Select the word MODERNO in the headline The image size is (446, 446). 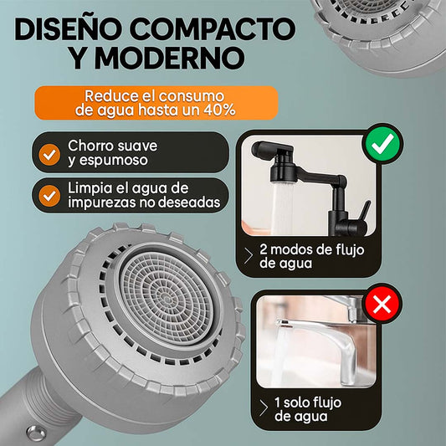(x=170, y=58)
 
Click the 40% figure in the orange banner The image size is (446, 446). (x=219, y=110)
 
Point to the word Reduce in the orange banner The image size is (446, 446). (x=107, y=96)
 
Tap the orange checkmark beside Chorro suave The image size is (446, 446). (x=49, y=155)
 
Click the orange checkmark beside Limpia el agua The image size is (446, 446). (x=49, y=196)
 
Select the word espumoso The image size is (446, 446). (x=114, y=161)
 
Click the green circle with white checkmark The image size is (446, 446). (x=382, y=144)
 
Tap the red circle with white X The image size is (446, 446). (x=382, y=304)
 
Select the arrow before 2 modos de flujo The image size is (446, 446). (x=249, y=256)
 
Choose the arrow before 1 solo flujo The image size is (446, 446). (x=264, y=408)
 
